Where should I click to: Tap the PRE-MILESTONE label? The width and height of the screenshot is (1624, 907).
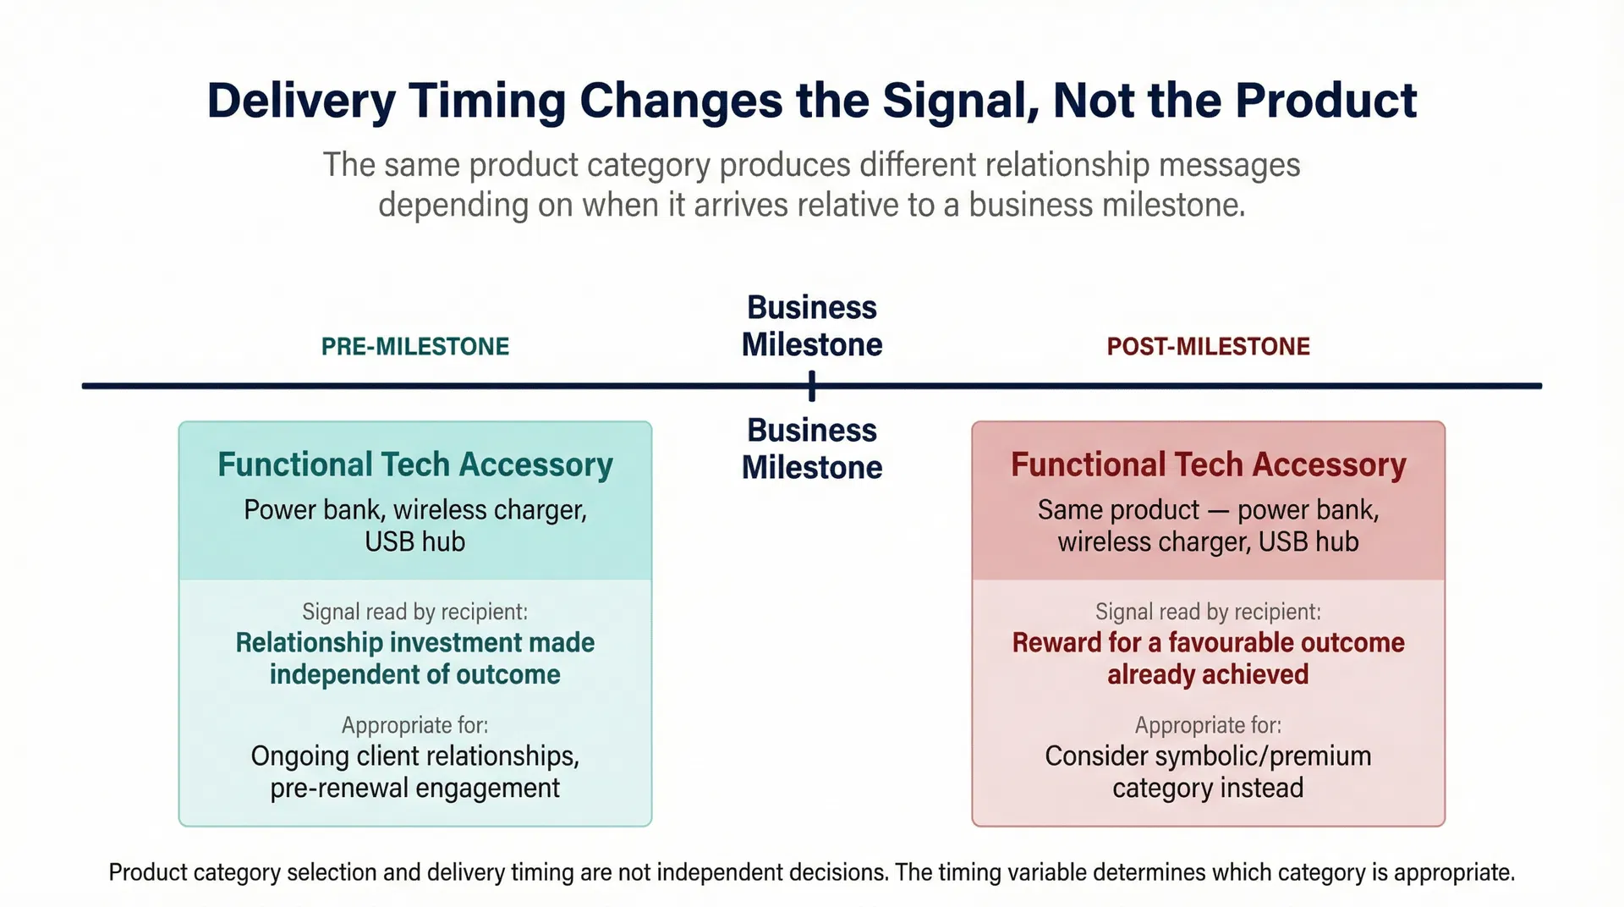coord(414,347)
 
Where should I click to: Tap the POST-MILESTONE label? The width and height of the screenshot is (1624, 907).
coord(1208,347)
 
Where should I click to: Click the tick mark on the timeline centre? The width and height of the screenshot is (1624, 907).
coord(812,387)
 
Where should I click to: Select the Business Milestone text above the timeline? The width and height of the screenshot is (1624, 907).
coord(812,326)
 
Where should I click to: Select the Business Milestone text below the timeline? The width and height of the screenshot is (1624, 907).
coord(812,448)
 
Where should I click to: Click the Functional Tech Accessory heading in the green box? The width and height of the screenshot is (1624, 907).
coord(414,464)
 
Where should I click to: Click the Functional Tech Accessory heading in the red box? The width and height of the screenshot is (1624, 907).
coord(1208,464)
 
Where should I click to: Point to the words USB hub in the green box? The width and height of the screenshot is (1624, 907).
coord(414,541)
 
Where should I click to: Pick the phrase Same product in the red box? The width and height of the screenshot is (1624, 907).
coord(1118,510)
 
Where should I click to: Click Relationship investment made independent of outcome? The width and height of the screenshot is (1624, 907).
coord(414,658)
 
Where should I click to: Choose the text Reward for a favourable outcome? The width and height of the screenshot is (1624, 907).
coord(1208,643)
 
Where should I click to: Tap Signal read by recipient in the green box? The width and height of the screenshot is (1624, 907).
coord(414,612)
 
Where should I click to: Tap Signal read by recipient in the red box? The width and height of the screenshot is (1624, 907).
coord(1208,612)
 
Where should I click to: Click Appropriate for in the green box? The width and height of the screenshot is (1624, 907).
coord(414,725)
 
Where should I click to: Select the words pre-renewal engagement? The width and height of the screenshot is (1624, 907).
coord(414,789)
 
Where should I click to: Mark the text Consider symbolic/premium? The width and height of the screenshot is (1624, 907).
coord(1208,756)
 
